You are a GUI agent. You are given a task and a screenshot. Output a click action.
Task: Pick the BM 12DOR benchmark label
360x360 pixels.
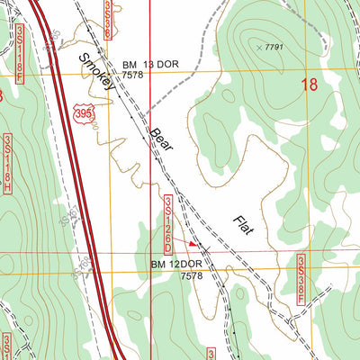177,264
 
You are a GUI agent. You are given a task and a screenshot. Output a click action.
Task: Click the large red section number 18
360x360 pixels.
309,85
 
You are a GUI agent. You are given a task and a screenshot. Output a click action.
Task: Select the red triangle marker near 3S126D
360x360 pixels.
193,242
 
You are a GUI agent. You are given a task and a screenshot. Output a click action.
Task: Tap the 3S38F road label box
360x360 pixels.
300,278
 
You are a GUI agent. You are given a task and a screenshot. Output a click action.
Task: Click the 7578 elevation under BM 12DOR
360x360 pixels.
193,276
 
